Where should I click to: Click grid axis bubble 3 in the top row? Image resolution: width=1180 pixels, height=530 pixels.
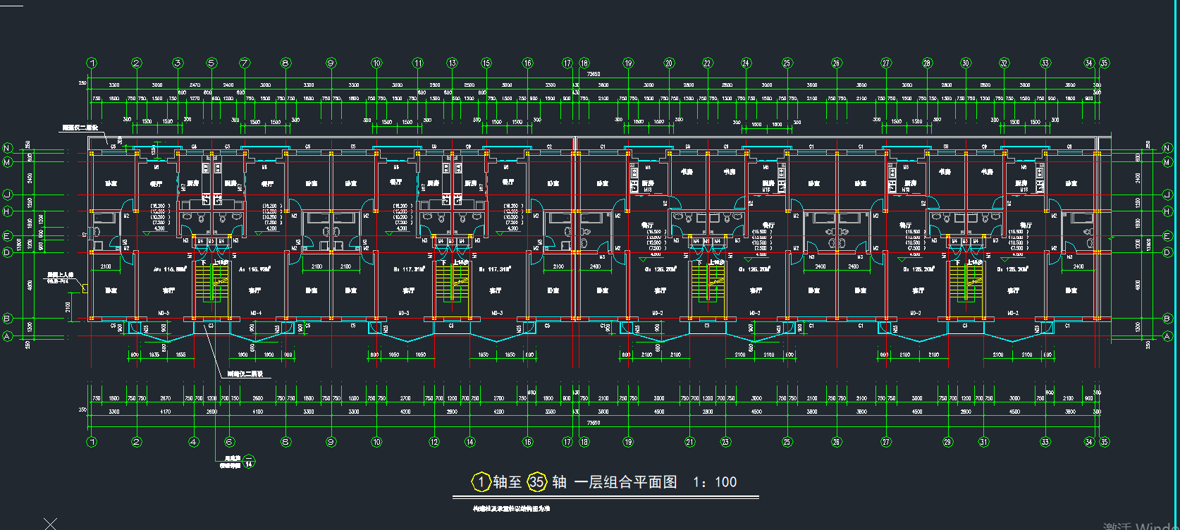[x=178, y=63]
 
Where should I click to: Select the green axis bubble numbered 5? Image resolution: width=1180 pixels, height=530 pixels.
[x=211, y=63]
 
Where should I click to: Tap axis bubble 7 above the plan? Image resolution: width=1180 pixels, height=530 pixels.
[x=245, y=63]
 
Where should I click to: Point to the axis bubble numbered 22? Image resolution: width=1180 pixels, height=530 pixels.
[x=707, y=63]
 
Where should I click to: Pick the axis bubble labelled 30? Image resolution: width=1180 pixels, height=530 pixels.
[x=965, y=63]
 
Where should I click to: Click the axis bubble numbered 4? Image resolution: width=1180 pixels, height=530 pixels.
[x=194, y=442]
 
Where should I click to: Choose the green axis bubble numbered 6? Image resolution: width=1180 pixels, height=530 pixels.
[x=229, y=442]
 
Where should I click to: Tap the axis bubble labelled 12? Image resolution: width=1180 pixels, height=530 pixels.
[x=434, y=442]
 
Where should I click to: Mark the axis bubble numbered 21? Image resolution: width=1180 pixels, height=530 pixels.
[x=689, y=442]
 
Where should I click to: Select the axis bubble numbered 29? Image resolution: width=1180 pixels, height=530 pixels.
[x=947, y=442]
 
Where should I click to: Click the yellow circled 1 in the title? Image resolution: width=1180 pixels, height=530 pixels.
[x=481, y=482]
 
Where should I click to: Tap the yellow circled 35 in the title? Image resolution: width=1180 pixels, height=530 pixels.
[x=537, y=482]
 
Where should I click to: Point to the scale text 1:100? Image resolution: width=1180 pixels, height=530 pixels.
[x=715, y=482]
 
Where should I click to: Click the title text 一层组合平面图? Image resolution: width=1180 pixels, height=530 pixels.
[x=625, y=482]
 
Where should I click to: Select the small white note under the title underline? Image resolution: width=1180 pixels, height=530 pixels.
[x=511, y=508]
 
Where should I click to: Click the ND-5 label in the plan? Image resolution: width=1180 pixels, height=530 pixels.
[x=164, y=313]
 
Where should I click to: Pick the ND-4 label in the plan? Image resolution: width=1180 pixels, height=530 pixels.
[x=256, y=313]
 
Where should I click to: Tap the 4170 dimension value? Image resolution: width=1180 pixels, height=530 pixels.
[x=165, y=412]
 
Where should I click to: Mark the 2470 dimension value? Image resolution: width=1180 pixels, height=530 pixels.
[x=195, y=85]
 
